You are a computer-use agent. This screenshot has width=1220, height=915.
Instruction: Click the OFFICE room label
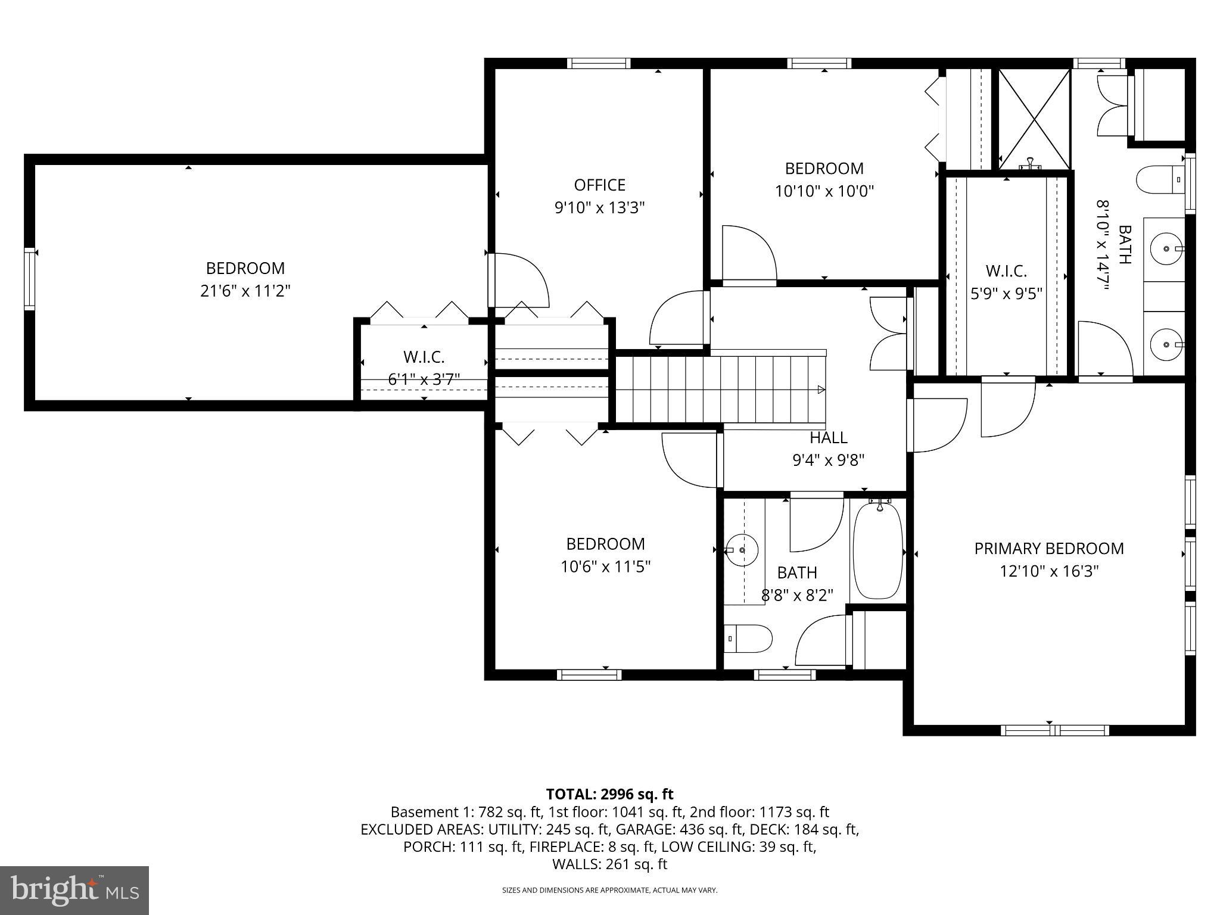click(x=599, y=185)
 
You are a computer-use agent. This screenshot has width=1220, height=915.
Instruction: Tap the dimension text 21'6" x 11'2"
click(x=245, y=291)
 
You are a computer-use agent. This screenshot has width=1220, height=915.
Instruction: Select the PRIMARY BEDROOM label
click(x=1048, y=549)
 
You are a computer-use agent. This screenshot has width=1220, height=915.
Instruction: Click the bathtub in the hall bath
click(x=877, y=552)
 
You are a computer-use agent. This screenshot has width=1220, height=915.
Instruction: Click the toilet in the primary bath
click(x=1159, y=179)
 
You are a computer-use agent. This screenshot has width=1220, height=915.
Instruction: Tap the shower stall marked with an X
click(x=1034, y=119)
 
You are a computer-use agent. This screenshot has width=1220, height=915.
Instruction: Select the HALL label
click(x=828, y=438)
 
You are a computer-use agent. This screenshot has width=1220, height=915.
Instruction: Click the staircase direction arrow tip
click(x=821, y=390)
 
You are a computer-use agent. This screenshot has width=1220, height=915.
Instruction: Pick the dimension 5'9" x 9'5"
click(x=1006, y=294)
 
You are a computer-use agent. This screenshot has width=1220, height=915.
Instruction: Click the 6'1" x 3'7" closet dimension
click(x=424, y=379)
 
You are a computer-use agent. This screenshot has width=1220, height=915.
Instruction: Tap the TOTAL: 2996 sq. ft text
click(x=609, y=794)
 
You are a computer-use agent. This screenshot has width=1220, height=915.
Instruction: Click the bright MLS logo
click(x=74, y=890)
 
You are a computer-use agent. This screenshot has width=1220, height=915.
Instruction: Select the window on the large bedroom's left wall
click(x=29, y=279)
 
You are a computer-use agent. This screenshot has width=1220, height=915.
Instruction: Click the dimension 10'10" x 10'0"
click(x=824, y=191)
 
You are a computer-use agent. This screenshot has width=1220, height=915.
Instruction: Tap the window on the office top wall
click(x=598, y=64)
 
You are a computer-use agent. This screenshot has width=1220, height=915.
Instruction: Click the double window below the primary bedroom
click(x=1054, y=730)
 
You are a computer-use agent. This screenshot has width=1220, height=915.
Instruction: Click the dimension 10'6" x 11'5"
click(x=605, y=567)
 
